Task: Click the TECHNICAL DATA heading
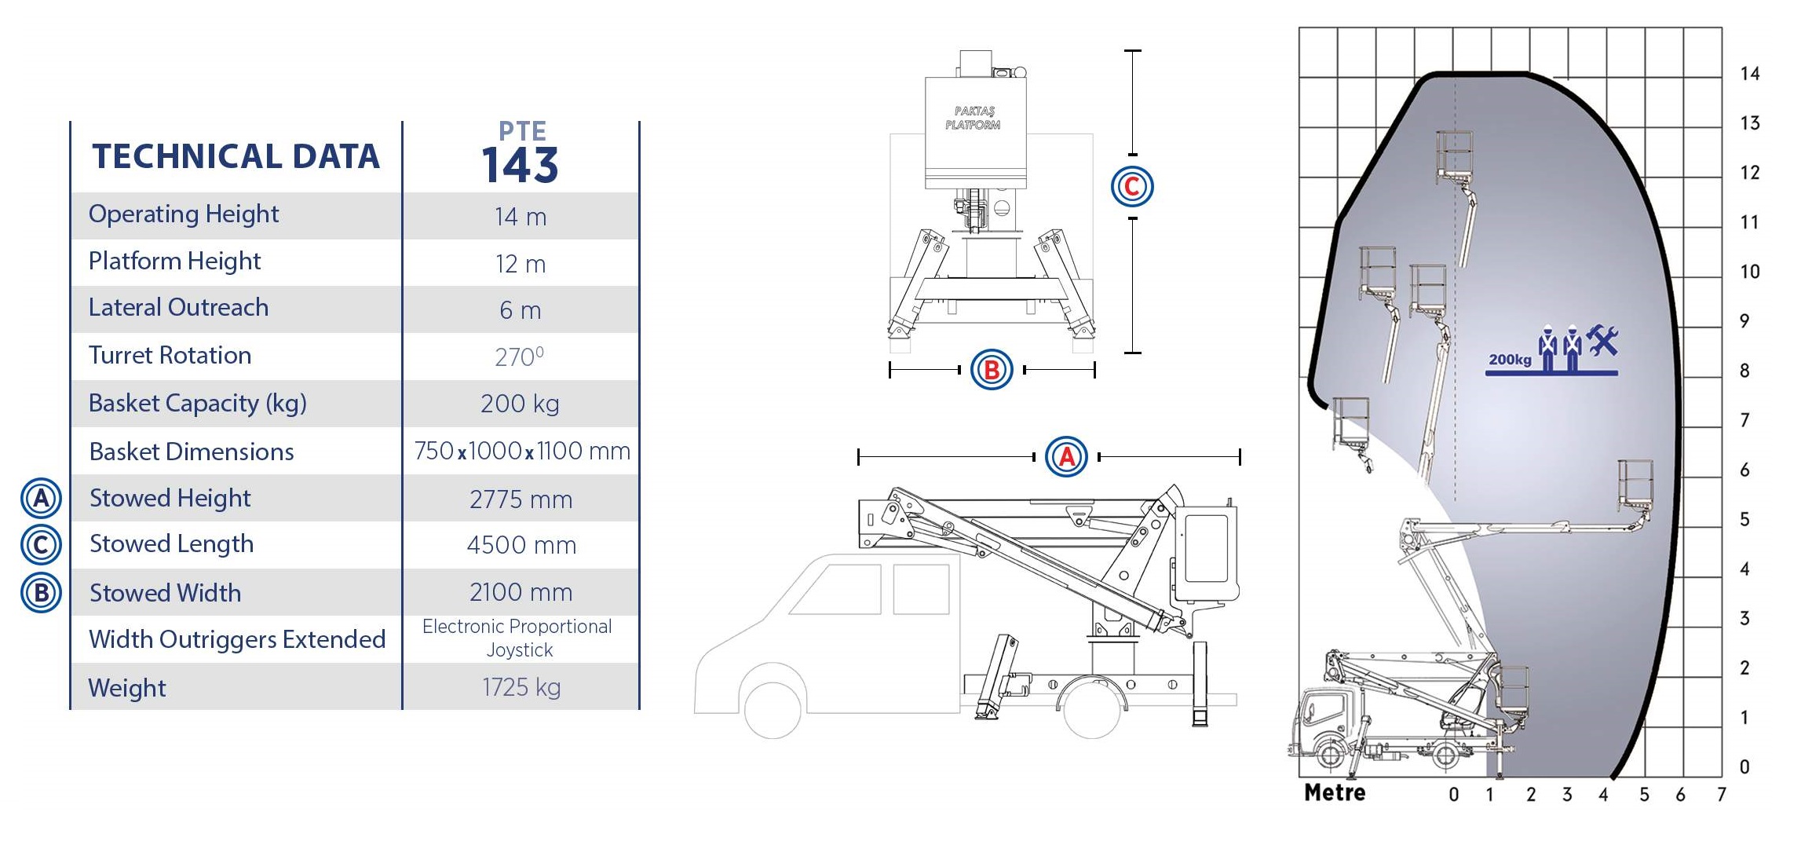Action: (236, 156)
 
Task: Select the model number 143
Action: (520, 165)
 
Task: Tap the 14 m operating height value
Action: (521, 217)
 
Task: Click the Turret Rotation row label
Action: (170, 355)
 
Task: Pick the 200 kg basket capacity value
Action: (520, 404)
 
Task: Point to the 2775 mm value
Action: (521, 499)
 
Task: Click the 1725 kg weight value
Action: (521, 687)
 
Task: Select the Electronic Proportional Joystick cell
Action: (517, 638)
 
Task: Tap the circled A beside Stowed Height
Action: (41, 498)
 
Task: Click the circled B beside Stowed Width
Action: (41, 593)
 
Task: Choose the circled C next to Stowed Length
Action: (41, 545)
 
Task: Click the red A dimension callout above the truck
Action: (1066, 457)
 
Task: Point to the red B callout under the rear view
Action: (992, 370)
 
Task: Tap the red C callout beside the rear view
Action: (1132, 187)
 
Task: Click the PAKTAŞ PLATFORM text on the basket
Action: (974, 118)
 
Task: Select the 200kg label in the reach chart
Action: (1510, 360)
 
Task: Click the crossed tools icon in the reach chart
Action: (1602, 340)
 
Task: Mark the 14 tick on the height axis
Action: (1750, 74)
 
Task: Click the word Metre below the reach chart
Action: (1335, 792)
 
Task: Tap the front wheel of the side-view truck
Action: (773, 710)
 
